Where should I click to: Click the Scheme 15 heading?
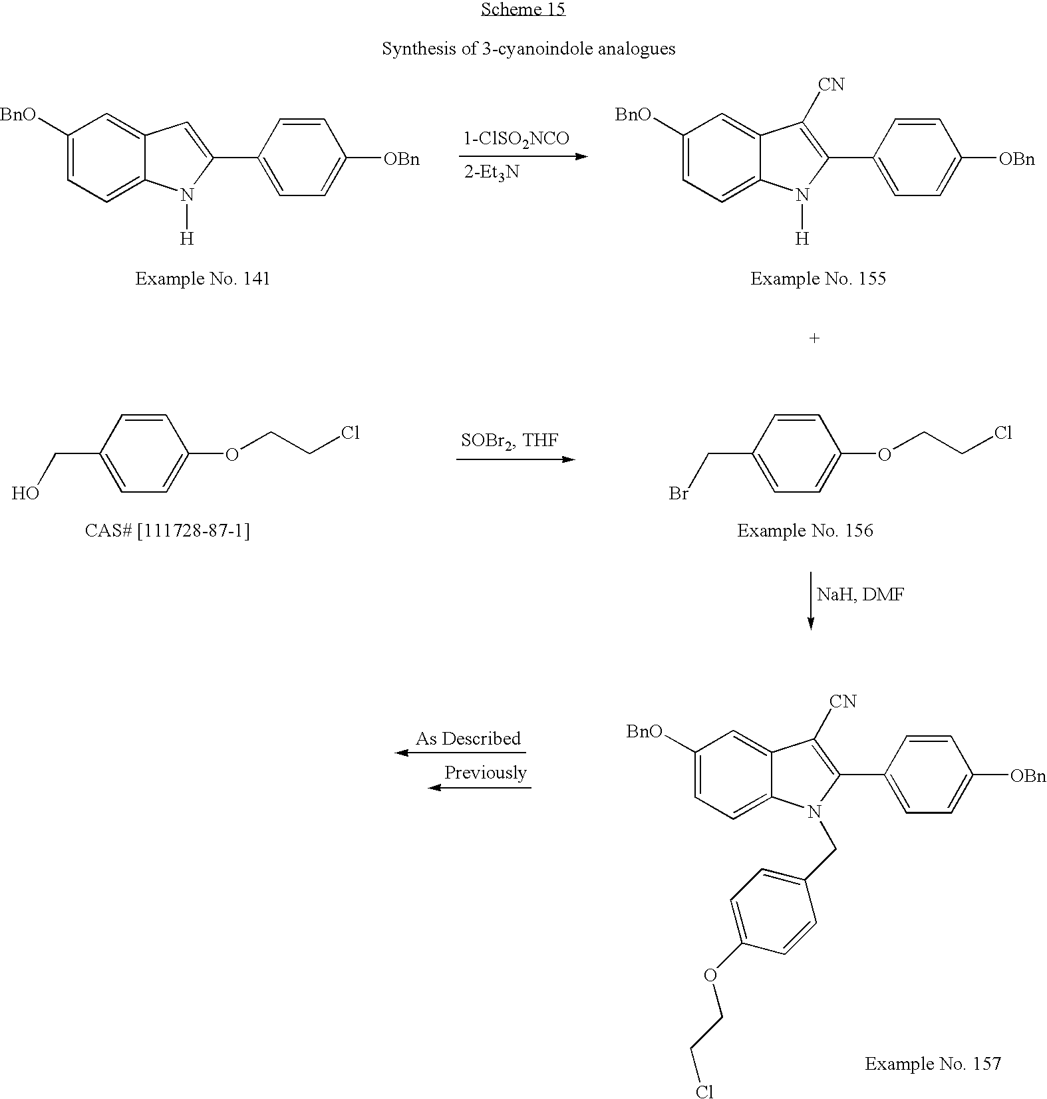[x=523, y=9]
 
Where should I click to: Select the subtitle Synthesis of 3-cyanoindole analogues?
[x=528, y=49]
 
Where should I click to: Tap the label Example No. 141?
[x=203, y=278]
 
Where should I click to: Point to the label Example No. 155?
[x=818, y=278]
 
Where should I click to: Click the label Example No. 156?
[x=805, y=531]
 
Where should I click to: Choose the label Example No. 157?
[x=933, y=1064]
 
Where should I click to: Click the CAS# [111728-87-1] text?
[x=168, y=531]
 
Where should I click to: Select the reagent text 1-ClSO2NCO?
[x=516, y=138]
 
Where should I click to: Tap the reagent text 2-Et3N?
[x=492, y=173]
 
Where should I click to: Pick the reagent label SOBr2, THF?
[x=510, y=440]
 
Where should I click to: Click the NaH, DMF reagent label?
[x=860, y=594]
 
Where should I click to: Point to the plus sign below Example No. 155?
[x=814, y=338]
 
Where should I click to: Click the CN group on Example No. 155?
[x=831, y=84]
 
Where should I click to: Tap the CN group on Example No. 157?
[x=843, y=701]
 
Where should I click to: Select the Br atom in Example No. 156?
[x=678, y=494]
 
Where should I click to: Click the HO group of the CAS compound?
[x=25, y=493]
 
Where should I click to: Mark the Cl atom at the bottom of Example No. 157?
[x=704, y=1091]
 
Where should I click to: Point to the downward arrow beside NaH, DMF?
[x=810, y=600]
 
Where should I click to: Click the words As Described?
[x=468, y=739]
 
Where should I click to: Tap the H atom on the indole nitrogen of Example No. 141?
[x=187, y=238]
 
